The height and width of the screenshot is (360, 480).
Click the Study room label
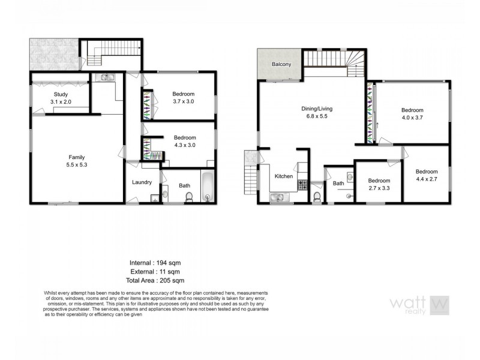(61, 95)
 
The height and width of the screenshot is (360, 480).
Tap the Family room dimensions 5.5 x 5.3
(76, 165)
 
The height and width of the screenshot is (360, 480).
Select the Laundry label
(142, 182)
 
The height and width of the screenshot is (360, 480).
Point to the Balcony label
(281, 64)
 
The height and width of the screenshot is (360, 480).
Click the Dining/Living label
(317, 109)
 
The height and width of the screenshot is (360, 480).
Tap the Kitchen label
(284, 177)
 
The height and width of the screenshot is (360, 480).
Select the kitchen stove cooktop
(302, 185)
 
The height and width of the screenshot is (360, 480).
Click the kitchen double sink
(280, 197)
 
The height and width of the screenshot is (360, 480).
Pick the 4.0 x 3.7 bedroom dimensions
(412, 118)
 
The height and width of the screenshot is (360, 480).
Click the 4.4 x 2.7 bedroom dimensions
(427, 178)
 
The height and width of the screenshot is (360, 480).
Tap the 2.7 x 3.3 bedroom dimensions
(379, 188)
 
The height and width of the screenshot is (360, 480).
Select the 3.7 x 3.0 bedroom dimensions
(183, 102)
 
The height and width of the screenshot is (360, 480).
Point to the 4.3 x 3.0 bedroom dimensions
(184, 145)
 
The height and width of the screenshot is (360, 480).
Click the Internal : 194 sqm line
(155, 263)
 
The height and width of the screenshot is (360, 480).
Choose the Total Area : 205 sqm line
(155, 280)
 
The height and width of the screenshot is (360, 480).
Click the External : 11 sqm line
(155, 271)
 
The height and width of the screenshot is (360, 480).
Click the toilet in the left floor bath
(189, 198)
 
